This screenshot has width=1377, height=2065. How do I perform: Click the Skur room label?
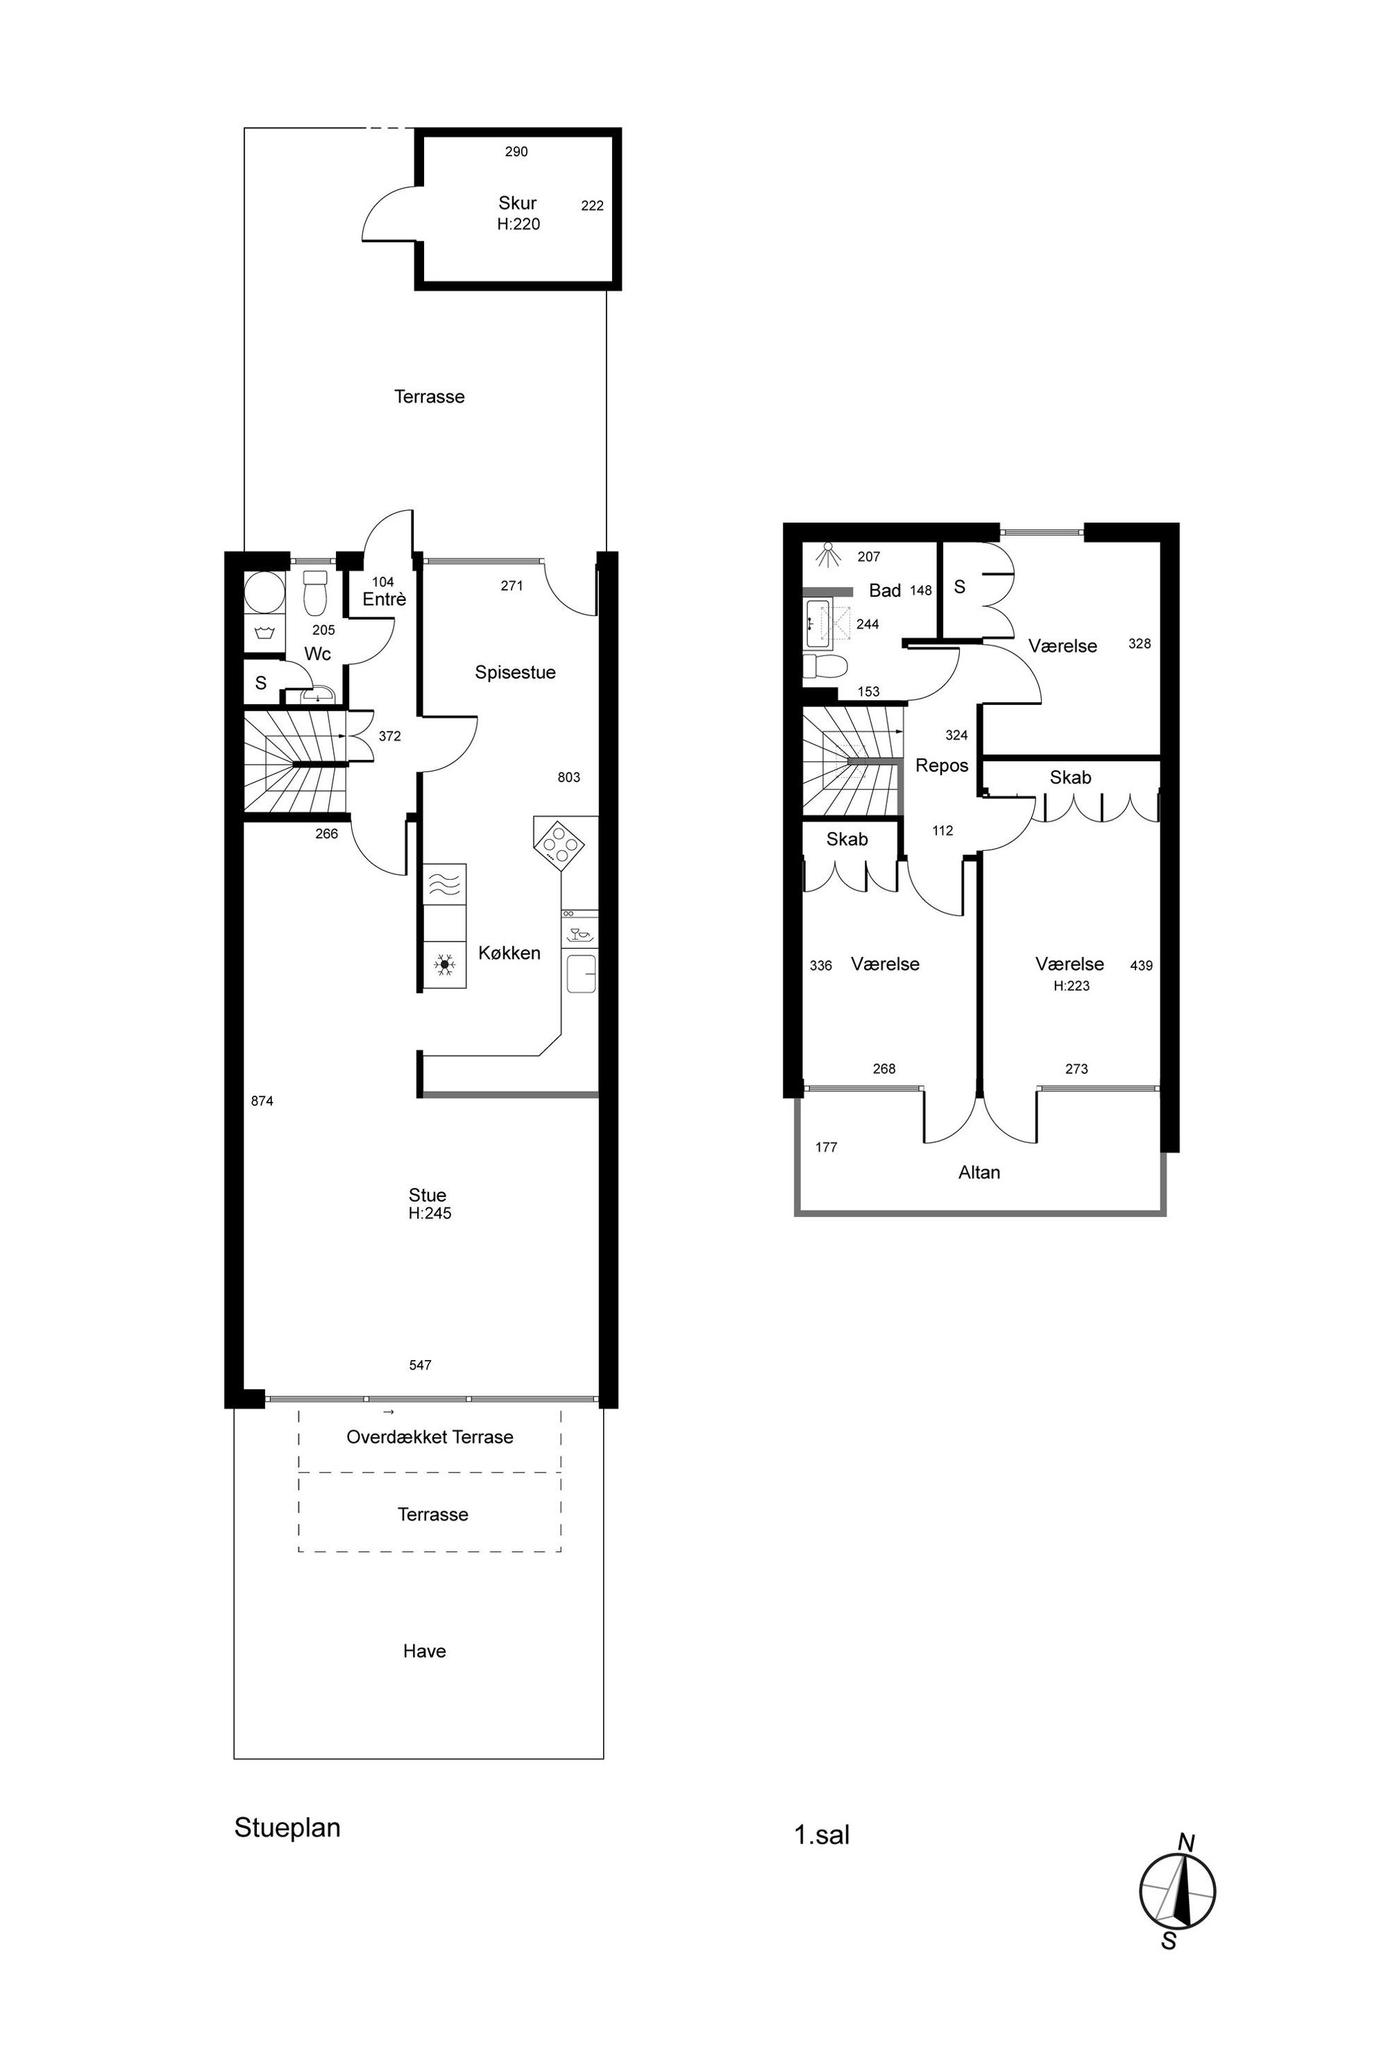coord(517,203)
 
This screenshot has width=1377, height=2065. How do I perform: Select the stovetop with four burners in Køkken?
coord(559,844)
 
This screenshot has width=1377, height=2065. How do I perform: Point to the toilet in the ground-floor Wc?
coord(315,593)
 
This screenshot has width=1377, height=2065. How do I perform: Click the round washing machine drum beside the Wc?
coord(264,593)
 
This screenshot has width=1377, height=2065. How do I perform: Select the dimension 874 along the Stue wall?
coord(262,1101)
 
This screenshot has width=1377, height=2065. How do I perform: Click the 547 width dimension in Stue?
coord(420,1366)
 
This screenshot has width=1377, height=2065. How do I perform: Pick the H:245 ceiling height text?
coord(430,1214)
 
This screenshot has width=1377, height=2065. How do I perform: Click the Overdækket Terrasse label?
coord(430,1437)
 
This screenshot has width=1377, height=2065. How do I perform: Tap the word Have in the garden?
coord(424,1651)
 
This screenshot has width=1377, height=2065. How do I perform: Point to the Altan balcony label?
coord(979,1173)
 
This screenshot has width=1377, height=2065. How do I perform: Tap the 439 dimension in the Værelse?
coord(1141,966)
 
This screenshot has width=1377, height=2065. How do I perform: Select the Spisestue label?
coord(516,672)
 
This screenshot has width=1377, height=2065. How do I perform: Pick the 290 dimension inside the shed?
coord(516,152)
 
